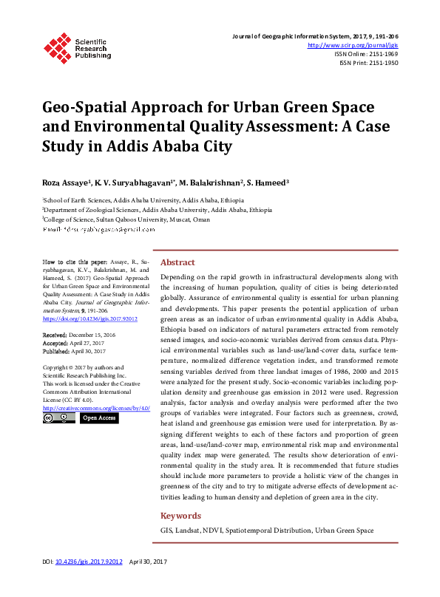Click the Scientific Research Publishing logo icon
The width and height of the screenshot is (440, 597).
pyautogui.click(x=58, y=46)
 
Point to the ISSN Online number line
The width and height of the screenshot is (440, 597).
pyautogui.click(x=372, y=54)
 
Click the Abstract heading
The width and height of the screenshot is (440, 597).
pyautogui.click(x=177, y=262)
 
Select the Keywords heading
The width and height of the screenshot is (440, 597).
pyautogui.click(x=181, y=516)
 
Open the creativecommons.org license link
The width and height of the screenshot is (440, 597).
pyautogui.click(x=96, y=407)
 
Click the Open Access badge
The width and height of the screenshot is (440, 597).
pyautogui.click(x=98, y=418)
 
